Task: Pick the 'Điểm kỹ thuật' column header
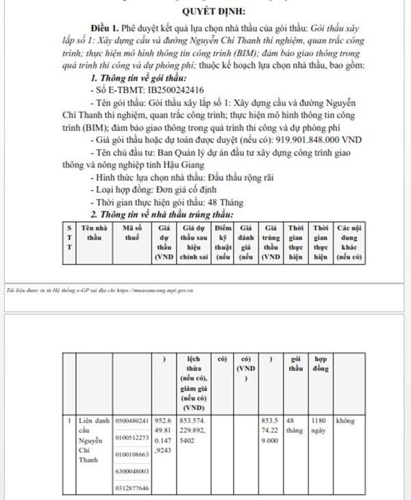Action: (x=223, y=241)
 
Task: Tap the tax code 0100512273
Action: (x=132, y=437)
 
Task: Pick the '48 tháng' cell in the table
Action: (x=295, y=425)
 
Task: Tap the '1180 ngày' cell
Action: (x=320, y=425)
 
